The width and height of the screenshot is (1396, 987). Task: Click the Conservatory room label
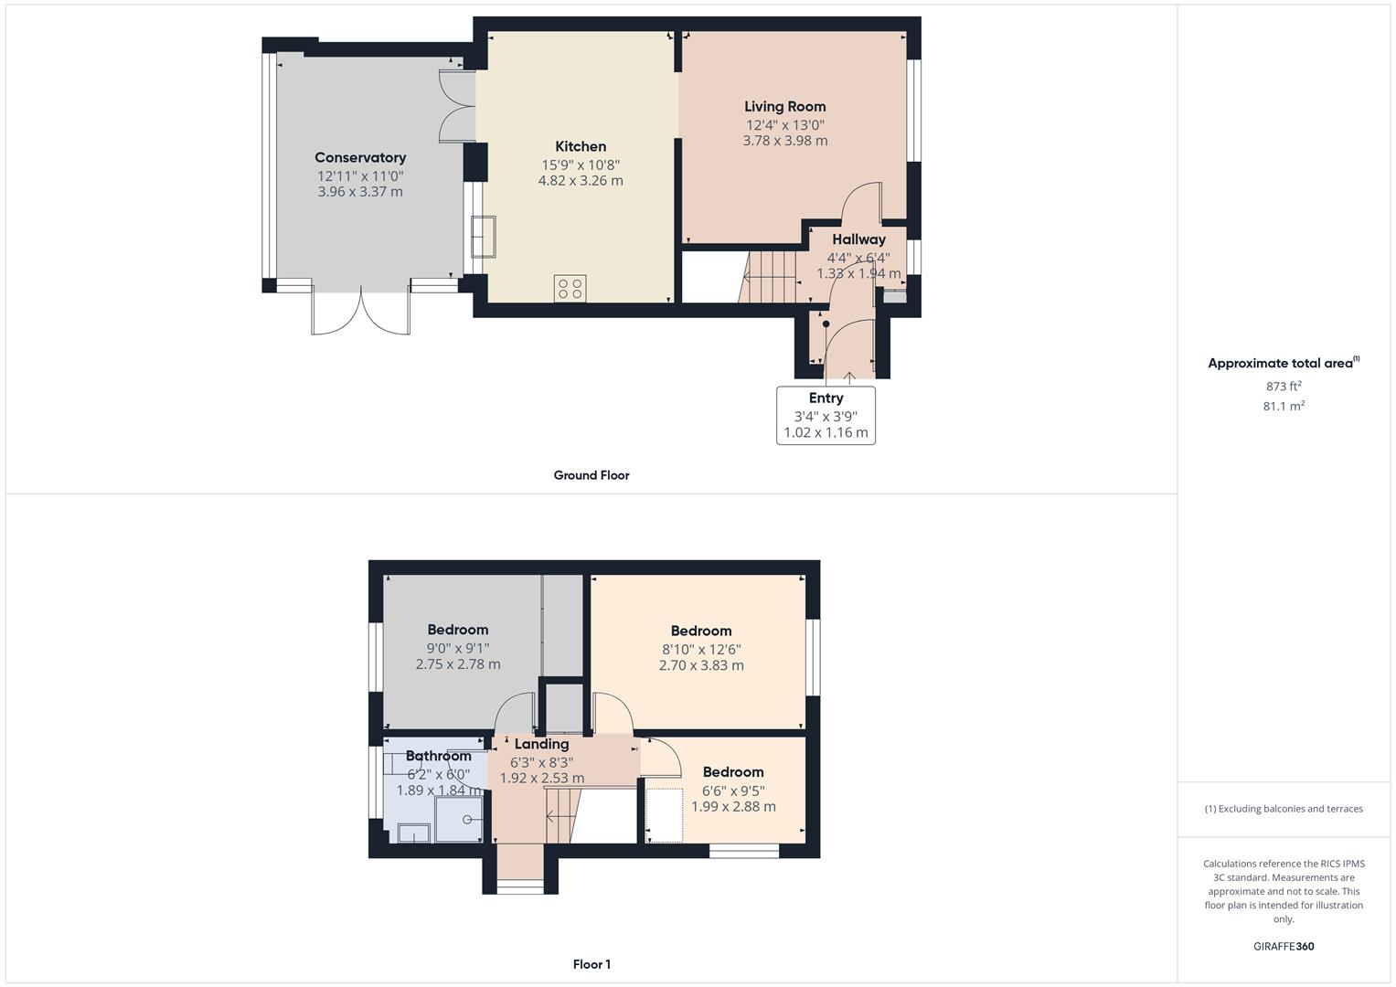pyautogui.click(x=360, y=158)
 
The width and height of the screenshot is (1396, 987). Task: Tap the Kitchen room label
pyautogui.click(x=581, y=146)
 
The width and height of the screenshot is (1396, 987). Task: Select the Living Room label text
pyautogui.click(x=784, y=107)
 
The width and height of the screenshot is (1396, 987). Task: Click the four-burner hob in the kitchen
pyautogui.click(x=570, y=289)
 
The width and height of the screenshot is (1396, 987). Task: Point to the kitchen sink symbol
pyautogui.click(x=483, y=237)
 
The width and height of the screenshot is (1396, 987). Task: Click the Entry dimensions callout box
pyautogui.click(x=826, y=416)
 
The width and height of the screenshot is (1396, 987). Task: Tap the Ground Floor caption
pyautogui.click(x=591, y=475)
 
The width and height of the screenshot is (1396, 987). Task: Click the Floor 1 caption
pyautogui.click(x=591, y=964)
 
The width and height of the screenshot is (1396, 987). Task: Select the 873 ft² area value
pyautogui.click(x=1284, y=387)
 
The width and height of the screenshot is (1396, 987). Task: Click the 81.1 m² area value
pyautogui.click(x=1284, y=407)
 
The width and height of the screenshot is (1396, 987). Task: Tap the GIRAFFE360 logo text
pyautogui.click(x=1284, y=947)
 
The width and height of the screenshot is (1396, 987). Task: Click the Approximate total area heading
pyautogui.click(x=1282, y=364)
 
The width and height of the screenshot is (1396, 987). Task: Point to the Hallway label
pyautogui.click(x=858, y=239)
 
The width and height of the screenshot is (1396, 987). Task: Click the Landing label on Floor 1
pyautogui.click(x=541, y=745)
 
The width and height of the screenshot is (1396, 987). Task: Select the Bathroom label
pyautogui.click(x=439, y=756)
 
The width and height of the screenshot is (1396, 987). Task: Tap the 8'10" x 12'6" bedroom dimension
pyautogui.click(x=701, y=650)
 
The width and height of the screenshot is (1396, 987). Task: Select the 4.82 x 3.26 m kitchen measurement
pyautogui.click(x=581, y=181)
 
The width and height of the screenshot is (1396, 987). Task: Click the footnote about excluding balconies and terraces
pyautogui.click(x=1284, y=809)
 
